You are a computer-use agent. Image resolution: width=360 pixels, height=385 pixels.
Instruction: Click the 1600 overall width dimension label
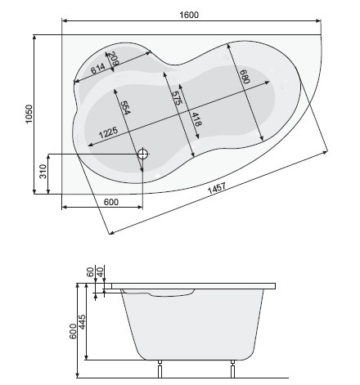tap(189, 15)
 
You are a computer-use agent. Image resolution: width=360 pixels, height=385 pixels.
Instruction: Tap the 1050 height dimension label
tap(29, 114)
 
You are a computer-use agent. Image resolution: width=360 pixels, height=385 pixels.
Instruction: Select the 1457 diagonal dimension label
tap(217, 188)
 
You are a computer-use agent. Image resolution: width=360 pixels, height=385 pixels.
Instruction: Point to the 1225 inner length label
tap(108, 132)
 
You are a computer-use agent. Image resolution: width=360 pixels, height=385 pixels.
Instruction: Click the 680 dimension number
tap(245, 76)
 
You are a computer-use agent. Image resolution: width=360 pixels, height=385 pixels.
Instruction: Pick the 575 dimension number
tap(177, 98)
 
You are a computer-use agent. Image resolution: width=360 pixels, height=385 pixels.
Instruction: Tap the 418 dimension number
tap(196, 119)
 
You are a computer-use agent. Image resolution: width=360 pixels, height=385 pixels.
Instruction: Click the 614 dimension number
tap(97, 69)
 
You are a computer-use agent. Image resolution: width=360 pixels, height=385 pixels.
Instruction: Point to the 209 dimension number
tap(113, 59)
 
